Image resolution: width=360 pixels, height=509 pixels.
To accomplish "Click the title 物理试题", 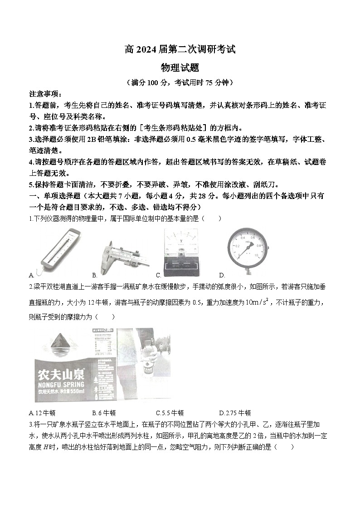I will click(180, 67).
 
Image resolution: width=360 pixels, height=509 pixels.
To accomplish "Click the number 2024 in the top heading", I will click(147, 48).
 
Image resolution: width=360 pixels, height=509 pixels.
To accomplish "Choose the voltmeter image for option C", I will click(181, 252).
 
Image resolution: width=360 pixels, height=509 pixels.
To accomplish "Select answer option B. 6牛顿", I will click(104, 413).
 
